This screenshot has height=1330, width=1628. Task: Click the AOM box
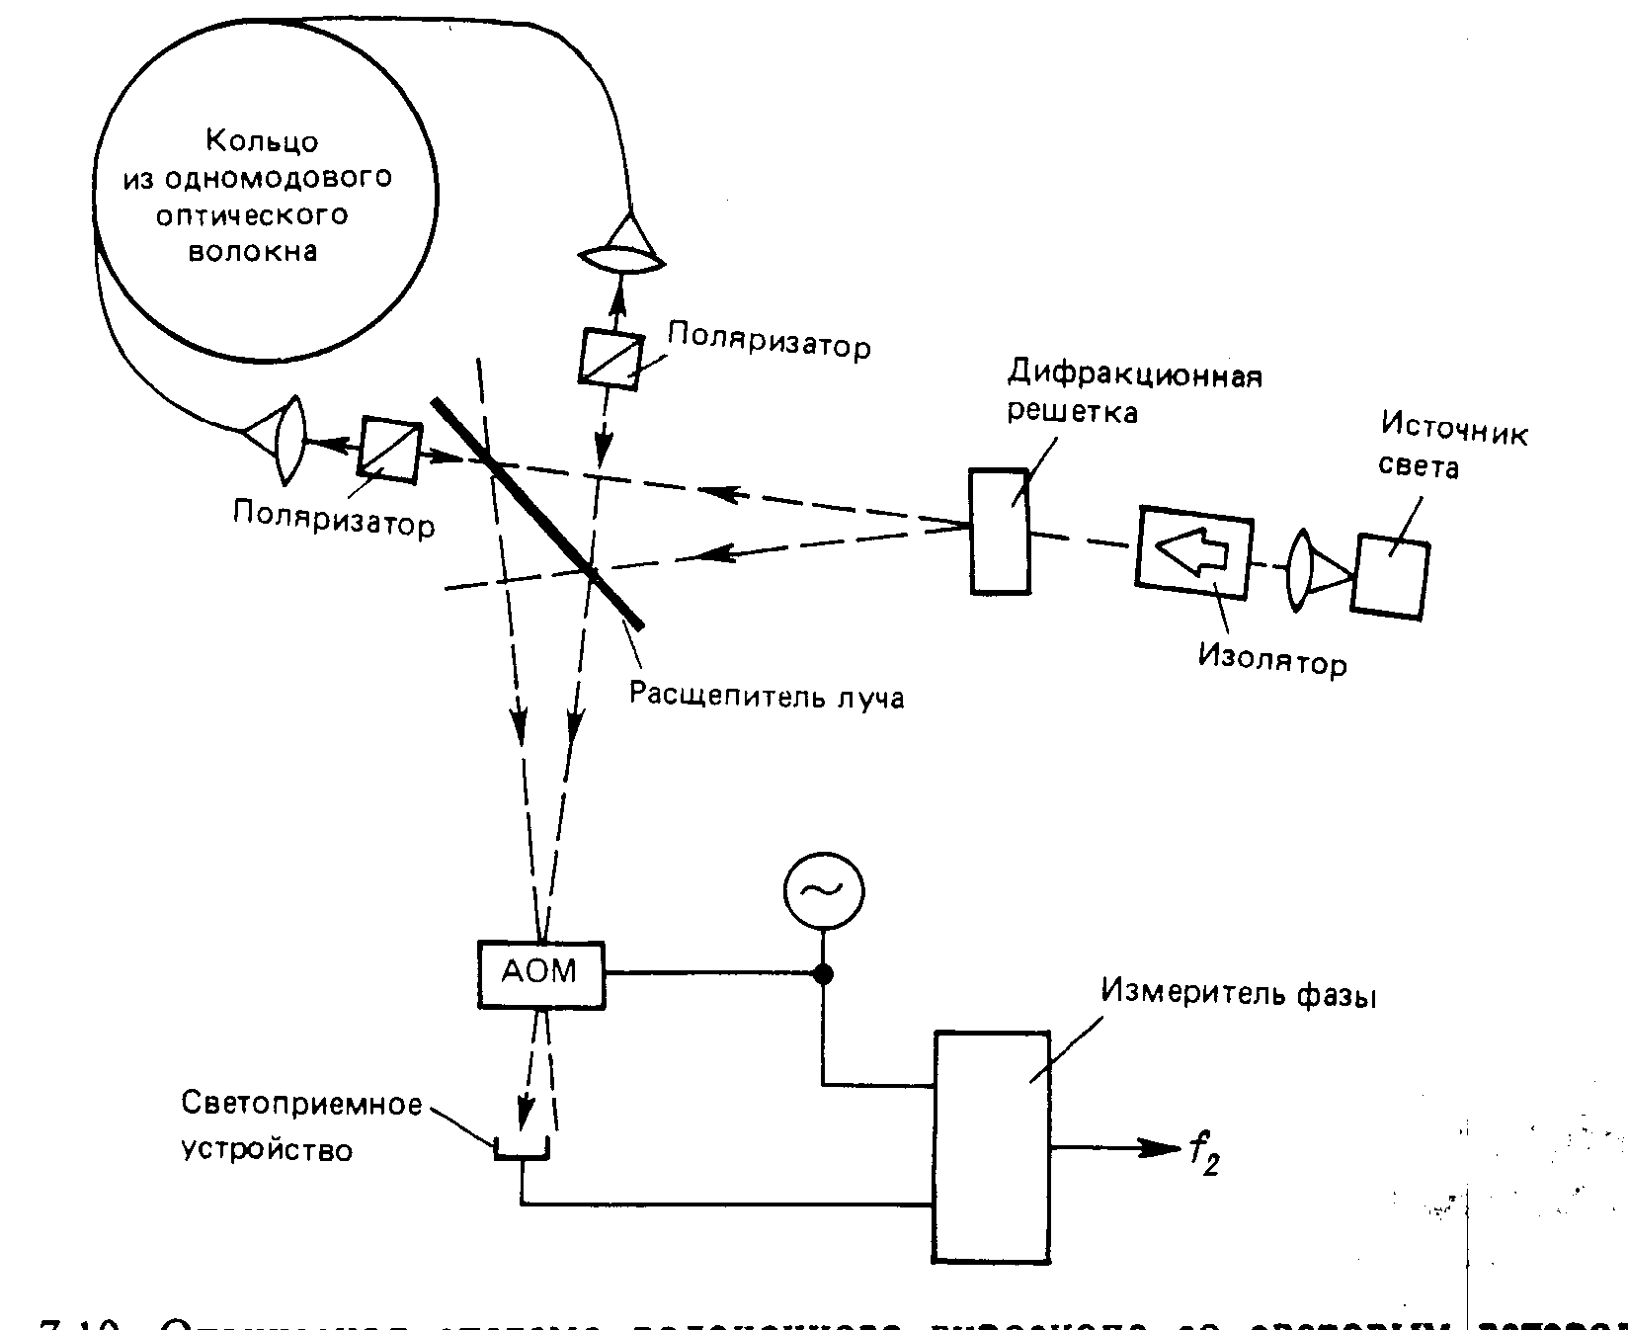[540, 973]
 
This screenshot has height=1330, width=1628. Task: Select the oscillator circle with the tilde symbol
[823, 890]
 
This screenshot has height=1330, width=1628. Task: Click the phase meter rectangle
[992, 1146]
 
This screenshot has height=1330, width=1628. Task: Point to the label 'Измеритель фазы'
[1239, 993]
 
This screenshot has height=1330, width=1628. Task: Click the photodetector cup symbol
[522, 1147]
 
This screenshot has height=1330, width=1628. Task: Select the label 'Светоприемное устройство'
[301, 1126]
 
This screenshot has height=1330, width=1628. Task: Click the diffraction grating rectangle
[999, 531]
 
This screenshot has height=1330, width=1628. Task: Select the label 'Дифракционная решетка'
[1134, 392]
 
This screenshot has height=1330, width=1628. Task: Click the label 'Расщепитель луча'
[767, 695]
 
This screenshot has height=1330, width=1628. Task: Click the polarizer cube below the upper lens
[610, 359]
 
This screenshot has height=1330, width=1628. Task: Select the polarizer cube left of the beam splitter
[388, 450]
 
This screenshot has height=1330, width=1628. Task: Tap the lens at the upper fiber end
[620, 258]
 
